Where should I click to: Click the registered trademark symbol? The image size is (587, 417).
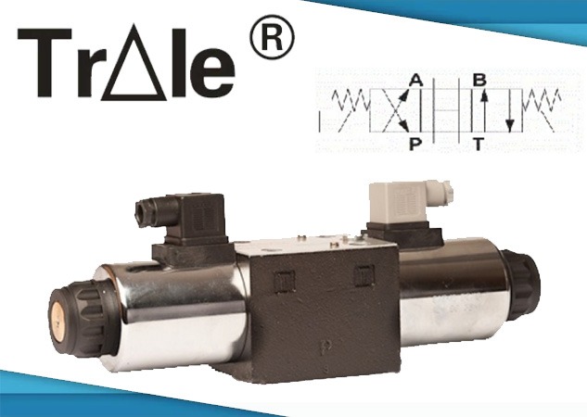click(x=272, y=38)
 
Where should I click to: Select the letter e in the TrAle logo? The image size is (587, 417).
click(x=211, y=72)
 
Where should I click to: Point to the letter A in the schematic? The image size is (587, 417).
click(x=415, y=81)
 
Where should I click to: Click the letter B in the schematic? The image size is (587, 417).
click(x=479, y=80)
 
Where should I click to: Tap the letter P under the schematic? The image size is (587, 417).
click(x=415, y=144)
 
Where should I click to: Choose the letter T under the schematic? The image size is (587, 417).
click(x=479, y=144)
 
